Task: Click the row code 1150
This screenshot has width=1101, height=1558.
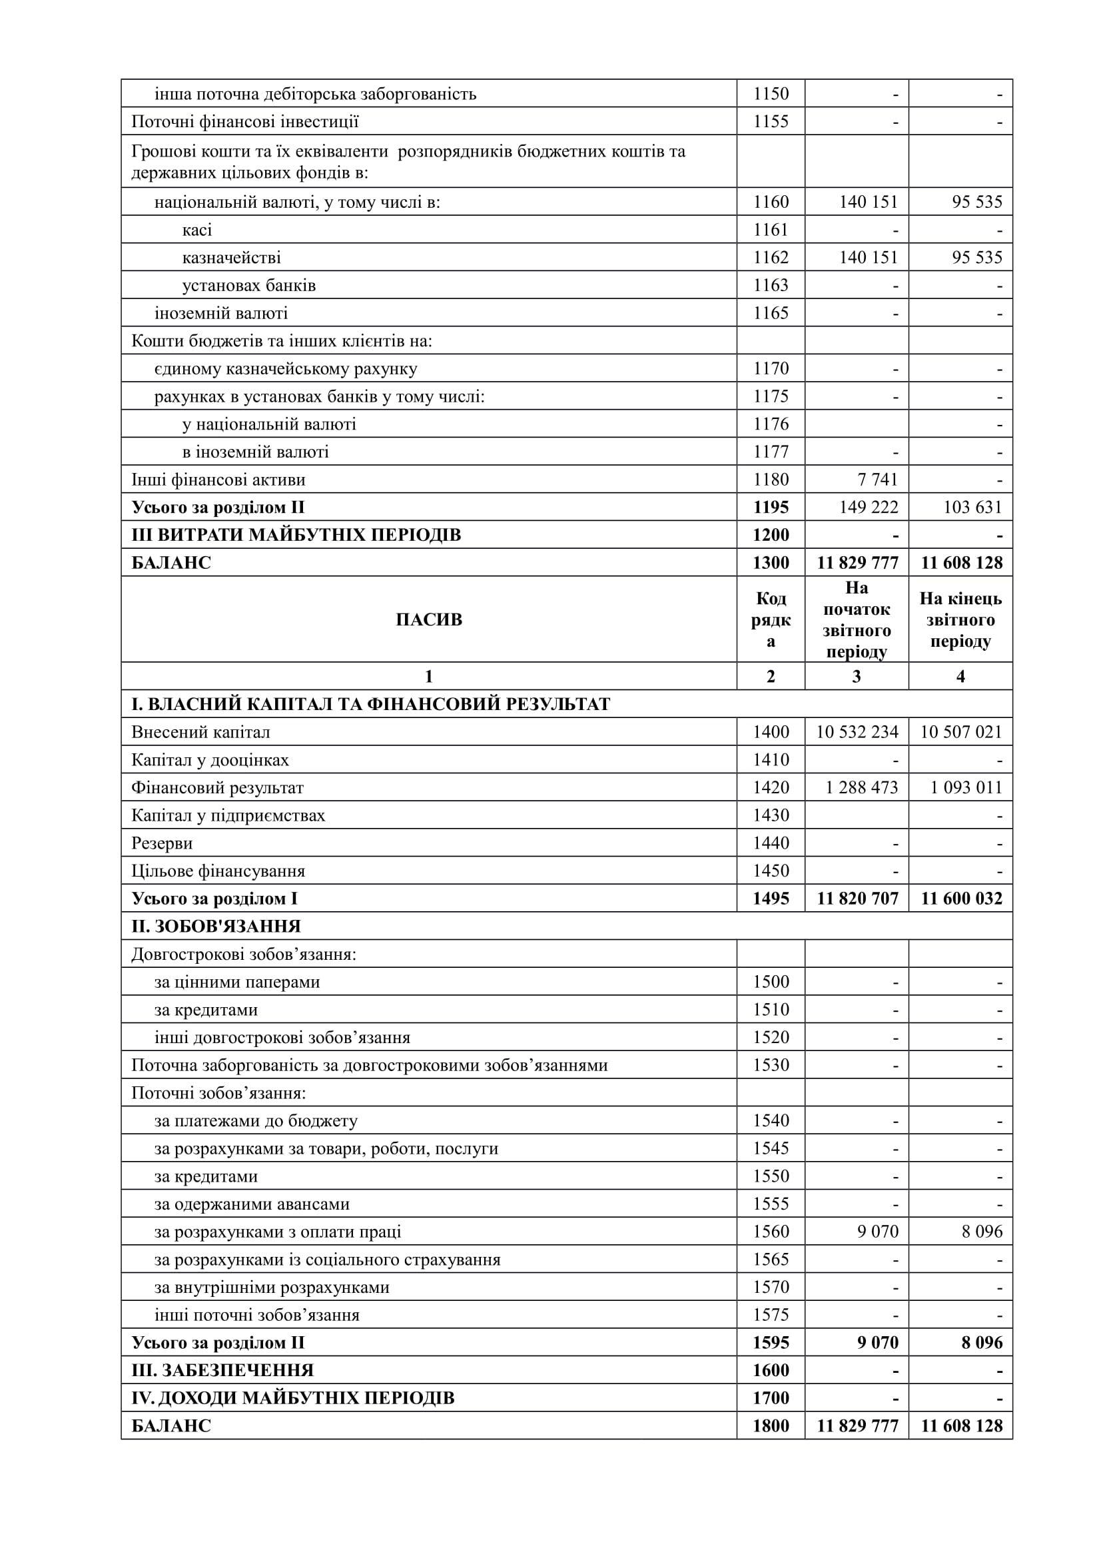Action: tap(771, 94)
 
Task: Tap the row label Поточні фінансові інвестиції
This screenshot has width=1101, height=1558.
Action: tap(245, 121)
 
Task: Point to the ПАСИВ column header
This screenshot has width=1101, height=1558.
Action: tap(429, 619)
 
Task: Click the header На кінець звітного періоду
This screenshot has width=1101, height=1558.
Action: tap(960, 619)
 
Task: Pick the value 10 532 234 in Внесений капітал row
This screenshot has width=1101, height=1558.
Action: tap(857, 732)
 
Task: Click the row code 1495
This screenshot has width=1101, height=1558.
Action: tap(771, 899)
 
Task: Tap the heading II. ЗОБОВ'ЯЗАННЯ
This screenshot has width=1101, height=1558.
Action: tap(216, 927)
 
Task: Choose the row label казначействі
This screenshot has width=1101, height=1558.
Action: tap(231, 258)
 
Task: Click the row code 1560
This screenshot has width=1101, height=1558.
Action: tap(771, 1232)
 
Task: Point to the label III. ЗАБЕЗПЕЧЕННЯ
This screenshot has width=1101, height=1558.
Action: tap(222, 1371)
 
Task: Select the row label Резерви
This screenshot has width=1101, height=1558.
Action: tap(162, 843)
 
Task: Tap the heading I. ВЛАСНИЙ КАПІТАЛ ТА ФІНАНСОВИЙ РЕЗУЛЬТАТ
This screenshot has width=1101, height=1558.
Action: tap(371, 704)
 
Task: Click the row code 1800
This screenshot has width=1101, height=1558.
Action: tap(771, 1425)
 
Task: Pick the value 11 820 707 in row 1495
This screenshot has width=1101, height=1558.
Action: tap(857, 899)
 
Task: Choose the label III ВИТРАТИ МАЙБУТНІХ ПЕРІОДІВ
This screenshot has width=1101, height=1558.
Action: tap(296, 536)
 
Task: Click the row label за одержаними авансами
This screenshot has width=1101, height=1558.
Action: tap(252, 1204)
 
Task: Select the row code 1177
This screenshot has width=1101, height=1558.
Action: tap(771, 452)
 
